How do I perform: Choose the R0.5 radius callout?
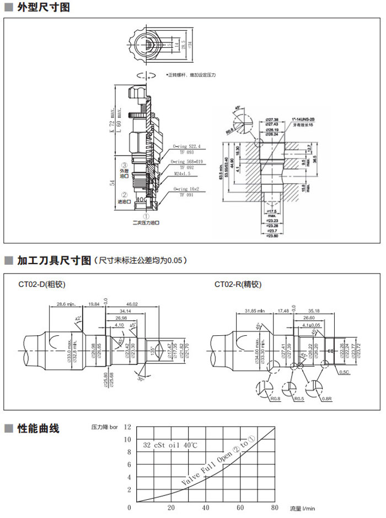tap(298, 397)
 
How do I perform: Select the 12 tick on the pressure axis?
tap(128, 427)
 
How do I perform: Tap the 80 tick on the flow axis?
tap(274, 507)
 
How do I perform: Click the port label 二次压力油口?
tap(146, 223)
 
